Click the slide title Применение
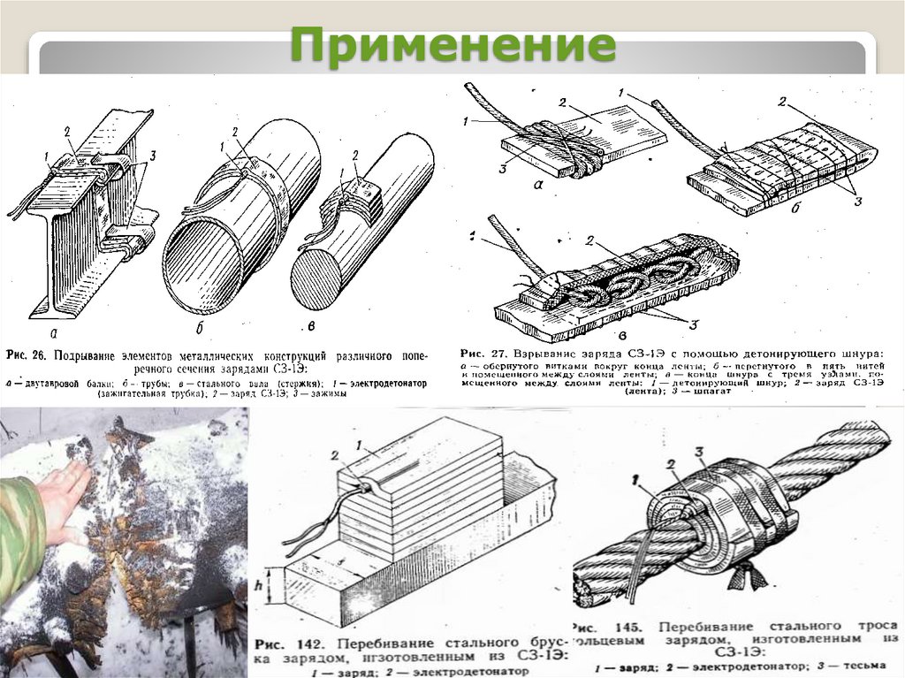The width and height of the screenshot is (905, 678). tap(452, 46)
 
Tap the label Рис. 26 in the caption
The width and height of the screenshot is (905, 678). tap(28, 355)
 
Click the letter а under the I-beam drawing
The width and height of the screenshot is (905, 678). tap(55, 333)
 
